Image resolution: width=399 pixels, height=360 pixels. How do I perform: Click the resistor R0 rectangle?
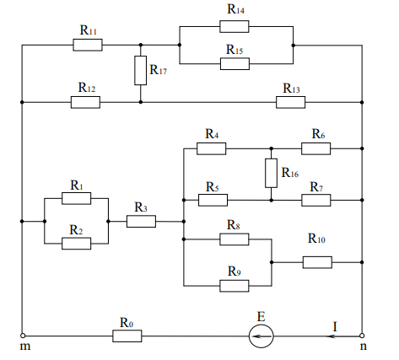(x=127, y=336)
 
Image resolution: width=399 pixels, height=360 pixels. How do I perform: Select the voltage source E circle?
(x=261, y=336)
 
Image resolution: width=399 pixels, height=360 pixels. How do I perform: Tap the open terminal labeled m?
(x=23, y=336)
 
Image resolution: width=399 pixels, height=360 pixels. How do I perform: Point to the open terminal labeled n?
(x=362, y=336)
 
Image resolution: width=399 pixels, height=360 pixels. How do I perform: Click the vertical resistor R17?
(x=140, y=70)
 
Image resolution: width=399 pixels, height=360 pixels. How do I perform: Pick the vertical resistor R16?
(x=271, y=173)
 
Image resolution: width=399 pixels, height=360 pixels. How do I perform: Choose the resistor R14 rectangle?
(x=235, y=26)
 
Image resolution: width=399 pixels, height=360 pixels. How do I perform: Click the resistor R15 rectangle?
(x=235, y=64)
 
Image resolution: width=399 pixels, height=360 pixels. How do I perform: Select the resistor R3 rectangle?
(x=141, y=222)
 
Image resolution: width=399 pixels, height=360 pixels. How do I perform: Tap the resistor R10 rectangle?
(x=317, y=262)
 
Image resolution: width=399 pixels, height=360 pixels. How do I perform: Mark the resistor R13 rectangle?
(x=291, y=102)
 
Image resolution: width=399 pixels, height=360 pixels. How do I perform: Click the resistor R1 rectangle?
(x=77, y=198)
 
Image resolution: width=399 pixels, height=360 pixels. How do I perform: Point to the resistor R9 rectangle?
(x=235, y=286)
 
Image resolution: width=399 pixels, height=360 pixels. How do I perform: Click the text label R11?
(x=89, y=30)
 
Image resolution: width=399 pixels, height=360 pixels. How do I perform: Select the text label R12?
(x=87, y=88)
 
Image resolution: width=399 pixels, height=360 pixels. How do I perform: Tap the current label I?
(x=335, y=327)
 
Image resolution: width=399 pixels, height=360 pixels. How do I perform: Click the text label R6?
(x=318, y=134)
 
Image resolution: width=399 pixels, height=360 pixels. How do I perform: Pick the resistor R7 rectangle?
(x=316, y=200)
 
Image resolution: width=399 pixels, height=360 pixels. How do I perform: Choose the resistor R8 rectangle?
(x=235, y=239)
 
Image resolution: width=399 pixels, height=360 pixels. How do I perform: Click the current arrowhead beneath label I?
(x=332, y=336)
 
